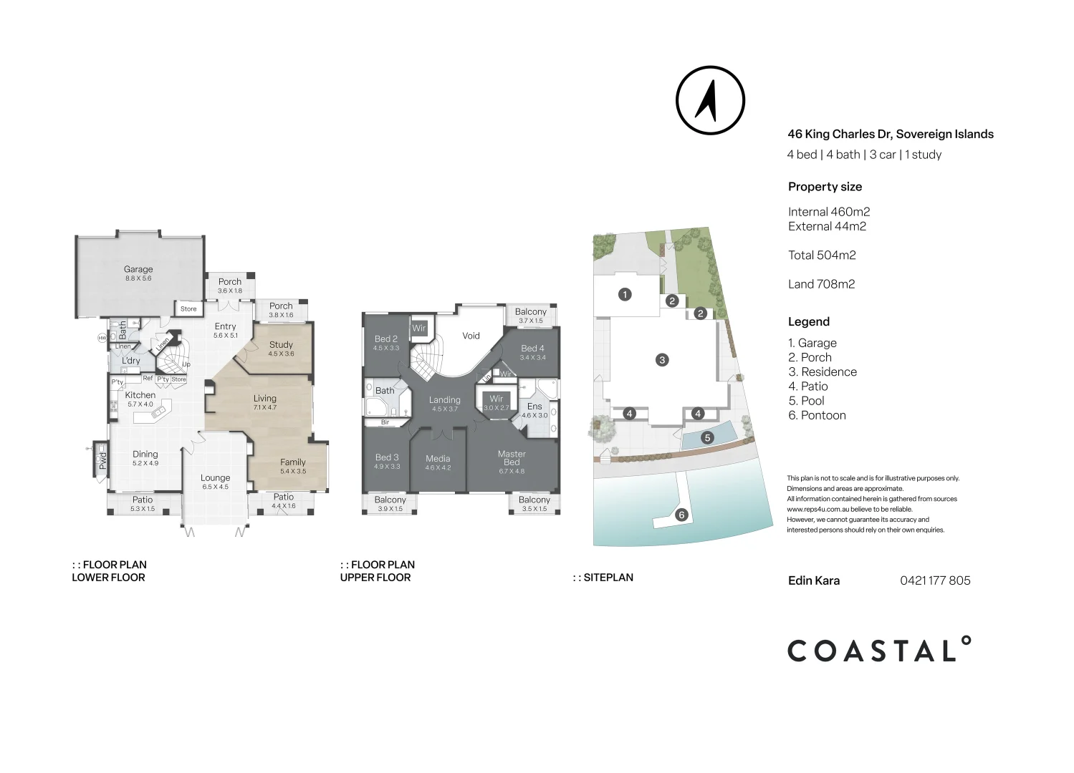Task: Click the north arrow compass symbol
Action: pyautogui.click(x=710, y=100)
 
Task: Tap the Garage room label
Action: pyautogui.click(x=138, y=270)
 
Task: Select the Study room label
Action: pyautogui.click(x=281, y=345)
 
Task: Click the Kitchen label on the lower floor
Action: pyautogui.click(x=140, y=395)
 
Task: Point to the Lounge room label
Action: pyautogui.click(x=215, y=478)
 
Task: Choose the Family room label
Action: pyautogui.click(x=292, y=462)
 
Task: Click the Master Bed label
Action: pyautogui.click(x=512, y=458)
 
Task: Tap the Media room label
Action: pyautogui.click(x=438, y=459)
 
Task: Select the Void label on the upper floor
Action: pyautogui.click(x=471, y=336)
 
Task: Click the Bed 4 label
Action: pyautogui.click(x=532, y=349)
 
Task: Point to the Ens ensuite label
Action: pyautogui.click(x=534, y=407)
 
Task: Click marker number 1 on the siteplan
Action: pyautogui.click(x=625, y=294)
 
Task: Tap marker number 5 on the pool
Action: pyautogui.click(x=707, y=438)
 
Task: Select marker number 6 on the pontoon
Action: pyautogui.click(x=681, y=515)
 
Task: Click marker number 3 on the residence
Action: pyautogui.click(x=662, y=360)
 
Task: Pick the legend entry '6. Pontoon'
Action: pyautogui.click(x=817, y=415)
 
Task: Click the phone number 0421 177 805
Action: pyautogui.click(x=935, y=580)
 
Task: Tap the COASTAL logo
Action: pyautogui.click(x=879, y=650)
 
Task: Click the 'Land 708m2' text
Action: pyautogui.click(x=821, y=284)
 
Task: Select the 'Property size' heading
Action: pyautogui.click(x=825, y=187)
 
